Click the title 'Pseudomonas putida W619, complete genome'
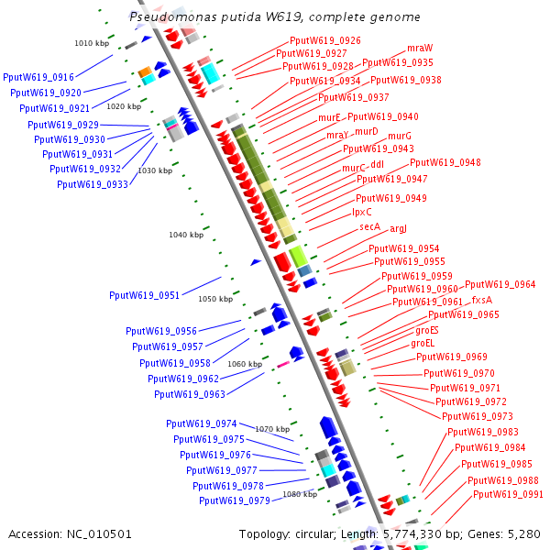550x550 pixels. pyautogui.click(x=275, y=16)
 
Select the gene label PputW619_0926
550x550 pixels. pyautogui.click(x=324, y=40)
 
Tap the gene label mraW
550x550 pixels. pyautogui.click(x=420, y=47)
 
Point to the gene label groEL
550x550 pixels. pyautogui.click(x=423, y=343)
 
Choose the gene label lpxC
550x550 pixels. pyautogui.click(x=362, y=212)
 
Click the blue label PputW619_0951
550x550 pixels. pyautogui.click(x=144, y=295)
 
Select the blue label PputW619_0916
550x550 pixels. pyautogui.click(x=38, y=78)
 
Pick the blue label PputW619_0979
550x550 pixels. pyautogui.click(x=234, y=500)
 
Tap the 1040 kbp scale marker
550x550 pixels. pyautogui.click(x=186, y=235)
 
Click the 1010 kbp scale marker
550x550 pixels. pyautogui.click(x=91, y=43)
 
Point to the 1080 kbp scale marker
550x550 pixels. pyautogui.click(x=299, y=494)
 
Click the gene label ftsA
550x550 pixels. pyautogui.click(x=482, y=300)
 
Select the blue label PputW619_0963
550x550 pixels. pyautogui.click(x=190, y=394)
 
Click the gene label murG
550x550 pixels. pyautogui.click(x=400, y=136)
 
